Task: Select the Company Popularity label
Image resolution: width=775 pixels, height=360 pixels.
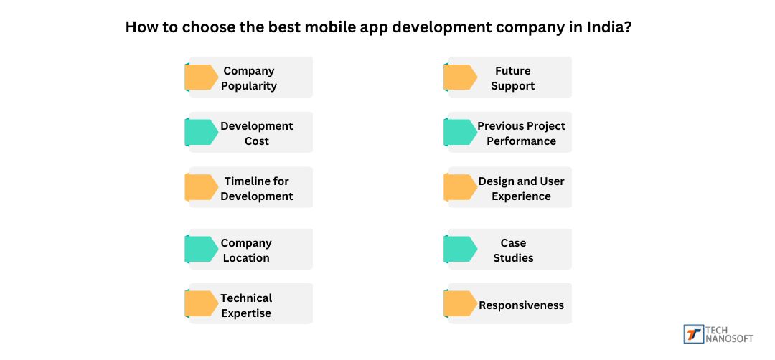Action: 248,78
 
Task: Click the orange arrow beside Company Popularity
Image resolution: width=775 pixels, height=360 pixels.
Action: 202,77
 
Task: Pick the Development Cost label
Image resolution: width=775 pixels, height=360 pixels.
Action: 256,133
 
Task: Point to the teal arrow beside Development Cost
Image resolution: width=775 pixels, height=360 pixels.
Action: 202,133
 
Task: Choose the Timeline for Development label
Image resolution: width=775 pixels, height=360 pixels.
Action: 256,189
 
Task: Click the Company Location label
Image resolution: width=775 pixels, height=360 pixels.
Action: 246,250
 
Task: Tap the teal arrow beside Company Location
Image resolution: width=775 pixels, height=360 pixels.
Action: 202,249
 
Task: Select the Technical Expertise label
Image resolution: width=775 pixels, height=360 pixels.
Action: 246,305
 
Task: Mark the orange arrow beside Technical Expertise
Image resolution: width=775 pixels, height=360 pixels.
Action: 202,303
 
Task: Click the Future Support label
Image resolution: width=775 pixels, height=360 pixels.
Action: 513,78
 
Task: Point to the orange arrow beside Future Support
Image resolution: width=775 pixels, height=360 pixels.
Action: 460,77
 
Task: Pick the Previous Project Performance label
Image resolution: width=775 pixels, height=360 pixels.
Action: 521,133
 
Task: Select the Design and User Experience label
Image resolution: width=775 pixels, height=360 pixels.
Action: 521,189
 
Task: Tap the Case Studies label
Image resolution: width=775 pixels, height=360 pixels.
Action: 513,250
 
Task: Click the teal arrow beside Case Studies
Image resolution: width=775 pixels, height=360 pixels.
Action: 460,249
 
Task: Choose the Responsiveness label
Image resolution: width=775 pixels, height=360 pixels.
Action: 521,305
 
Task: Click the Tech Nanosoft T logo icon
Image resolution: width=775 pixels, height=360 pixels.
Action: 693,334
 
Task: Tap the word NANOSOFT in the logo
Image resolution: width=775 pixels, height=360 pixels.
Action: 730,338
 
